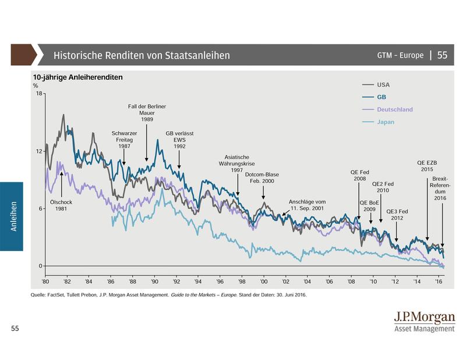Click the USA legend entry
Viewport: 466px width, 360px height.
pyautogui.click(x=382, y=85)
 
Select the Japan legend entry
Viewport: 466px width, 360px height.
pyautogui.click(x=386, y=122)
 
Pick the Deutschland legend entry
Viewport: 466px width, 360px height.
pyautogui.click(x=394, y=110)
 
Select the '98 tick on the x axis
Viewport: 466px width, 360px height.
pyautogui.click(x=242, y=279)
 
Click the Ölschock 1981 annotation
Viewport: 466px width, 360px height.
pyautogui.click(x=61, y=204)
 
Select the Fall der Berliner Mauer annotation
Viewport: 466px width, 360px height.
pyautogui.click(x=147, y=112)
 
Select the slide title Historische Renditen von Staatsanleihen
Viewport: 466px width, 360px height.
pyautogui.click(x=142, y=55)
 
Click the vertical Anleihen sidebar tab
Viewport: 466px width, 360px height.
pyautogui.click(x=12, y=216)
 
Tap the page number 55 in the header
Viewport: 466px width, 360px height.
pyautogui.click(x=442, y=55)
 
